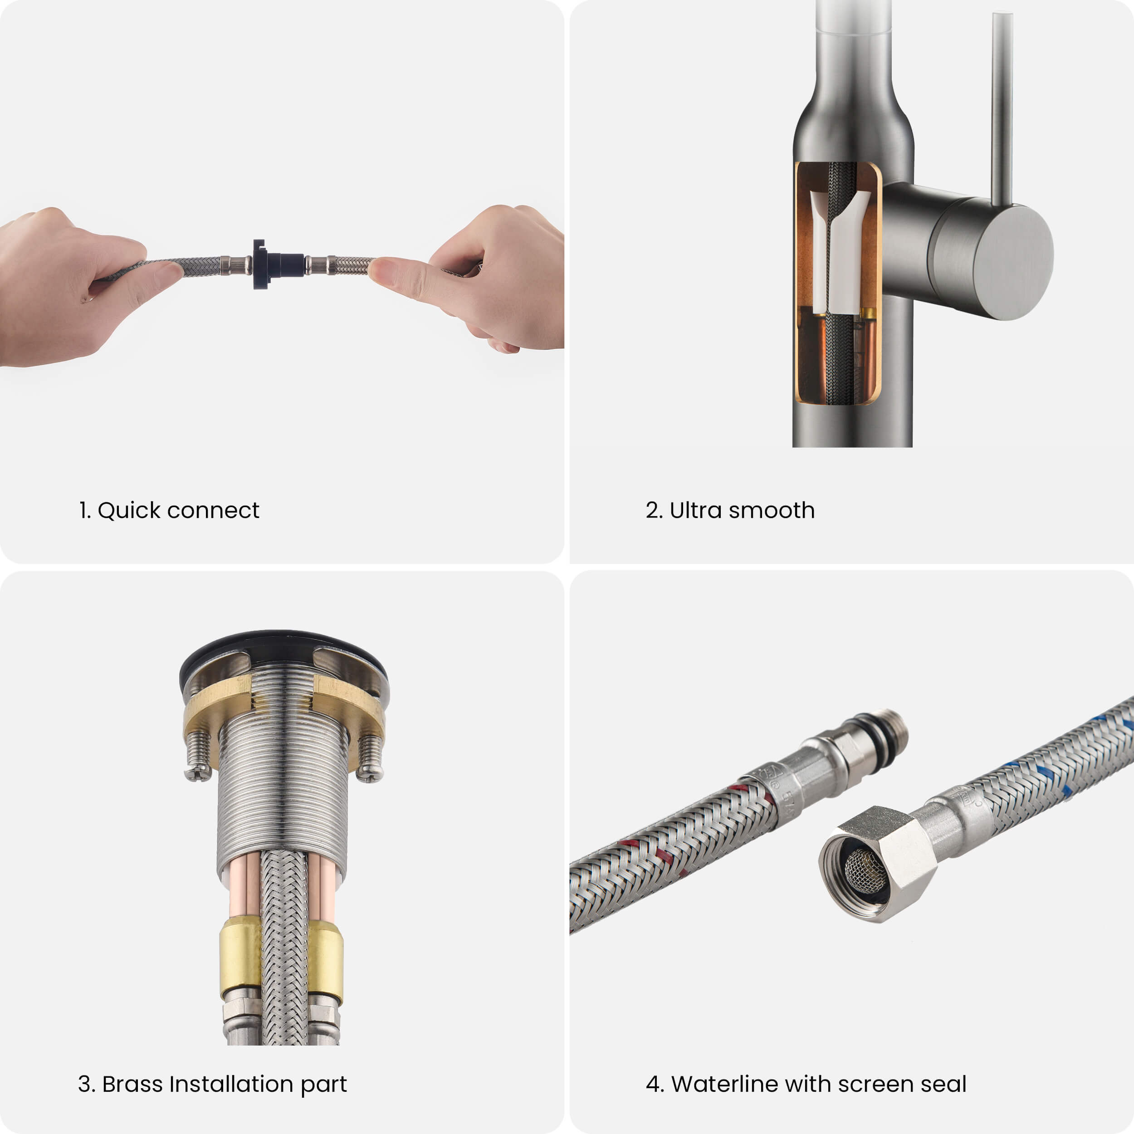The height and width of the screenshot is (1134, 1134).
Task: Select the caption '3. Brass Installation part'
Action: click(x=212, y=1084)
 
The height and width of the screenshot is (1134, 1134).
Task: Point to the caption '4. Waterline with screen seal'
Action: click(x=806, y=1084)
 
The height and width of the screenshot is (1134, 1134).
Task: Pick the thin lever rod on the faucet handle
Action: click(x=1002, y=108)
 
